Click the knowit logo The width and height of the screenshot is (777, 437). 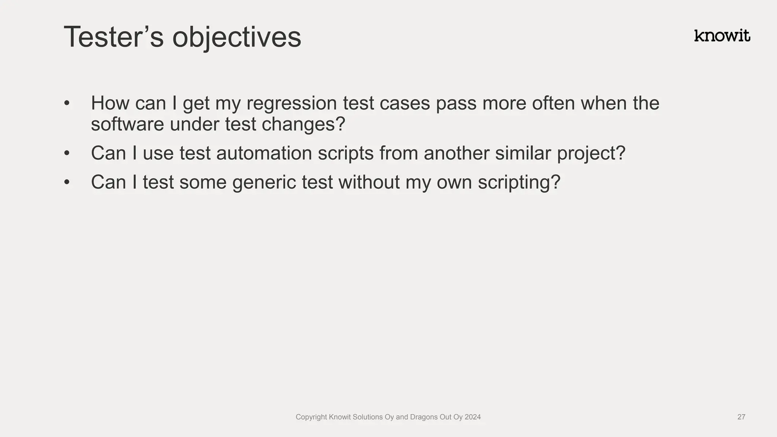722,36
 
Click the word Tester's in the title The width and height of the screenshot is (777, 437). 113,37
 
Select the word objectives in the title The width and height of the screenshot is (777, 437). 236,38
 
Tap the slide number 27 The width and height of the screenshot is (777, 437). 741,417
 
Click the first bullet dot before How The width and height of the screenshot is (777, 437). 67,103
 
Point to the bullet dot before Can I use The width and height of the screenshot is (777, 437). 67,153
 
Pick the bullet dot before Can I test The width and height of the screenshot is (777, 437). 67,182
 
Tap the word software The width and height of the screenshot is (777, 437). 127,124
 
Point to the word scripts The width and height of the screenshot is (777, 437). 346,154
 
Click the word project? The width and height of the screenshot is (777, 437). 591,154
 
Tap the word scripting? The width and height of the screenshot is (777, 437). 519,182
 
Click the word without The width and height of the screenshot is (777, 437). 369,182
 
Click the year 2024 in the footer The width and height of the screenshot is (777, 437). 472,417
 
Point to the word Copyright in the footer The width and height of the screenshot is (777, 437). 311,417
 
